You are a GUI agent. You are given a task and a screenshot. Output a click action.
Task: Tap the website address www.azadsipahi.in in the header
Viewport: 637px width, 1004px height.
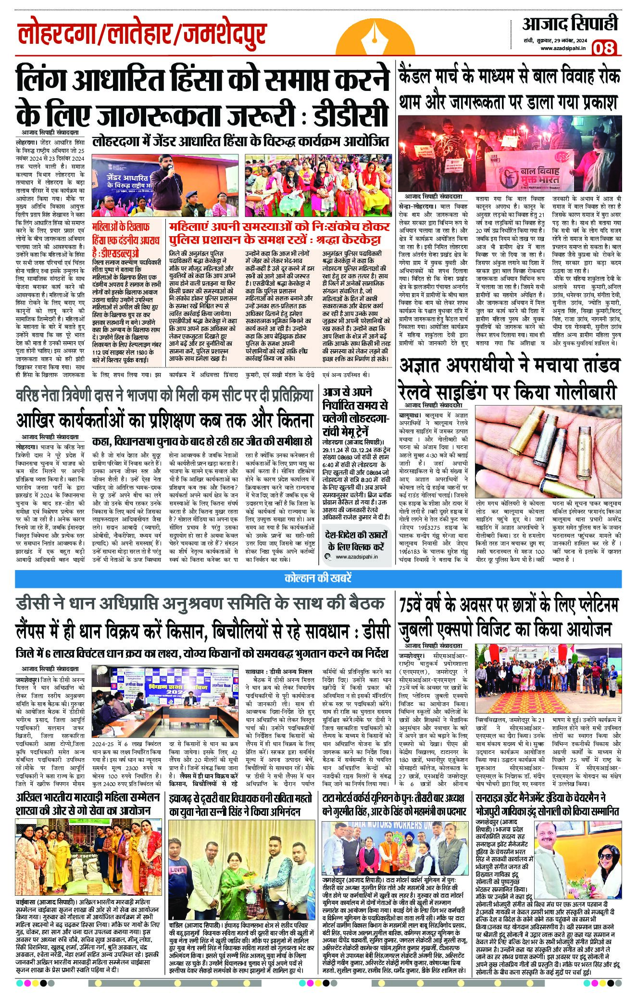[x=562, y=48]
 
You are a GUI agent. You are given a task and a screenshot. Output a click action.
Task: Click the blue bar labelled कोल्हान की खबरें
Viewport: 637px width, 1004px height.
[x=318, y=577]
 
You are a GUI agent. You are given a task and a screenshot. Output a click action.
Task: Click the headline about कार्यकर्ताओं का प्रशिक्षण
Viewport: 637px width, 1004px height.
[x=164, y=420]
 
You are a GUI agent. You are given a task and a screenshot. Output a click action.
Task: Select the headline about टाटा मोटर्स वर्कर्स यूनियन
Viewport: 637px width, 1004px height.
[x=394, y=804]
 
